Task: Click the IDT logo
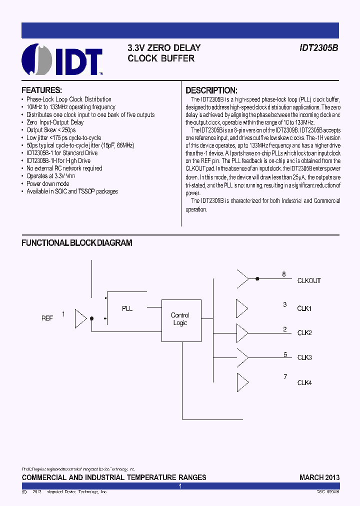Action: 62,60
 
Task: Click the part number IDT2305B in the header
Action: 318,48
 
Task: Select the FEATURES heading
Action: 41,90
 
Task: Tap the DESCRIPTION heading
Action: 211,90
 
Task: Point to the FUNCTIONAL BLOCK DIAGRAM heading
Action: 76,243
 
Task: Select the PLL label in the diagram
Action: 127,308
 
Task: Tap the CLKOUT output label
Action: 309,281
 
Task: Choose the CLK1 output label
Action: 304,308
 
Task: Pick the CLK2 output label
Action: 304,333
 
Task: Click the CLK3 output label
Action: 304,357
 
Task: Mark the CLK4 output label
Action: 304,383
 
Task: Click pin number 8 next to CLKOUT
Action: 284,274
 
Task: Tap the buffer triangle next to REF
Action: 80,318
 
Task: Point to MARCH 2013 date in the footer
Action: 319,477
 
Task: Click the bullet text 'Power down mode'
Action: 48,184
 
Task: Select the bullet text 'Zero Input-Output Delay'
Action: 55,122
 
